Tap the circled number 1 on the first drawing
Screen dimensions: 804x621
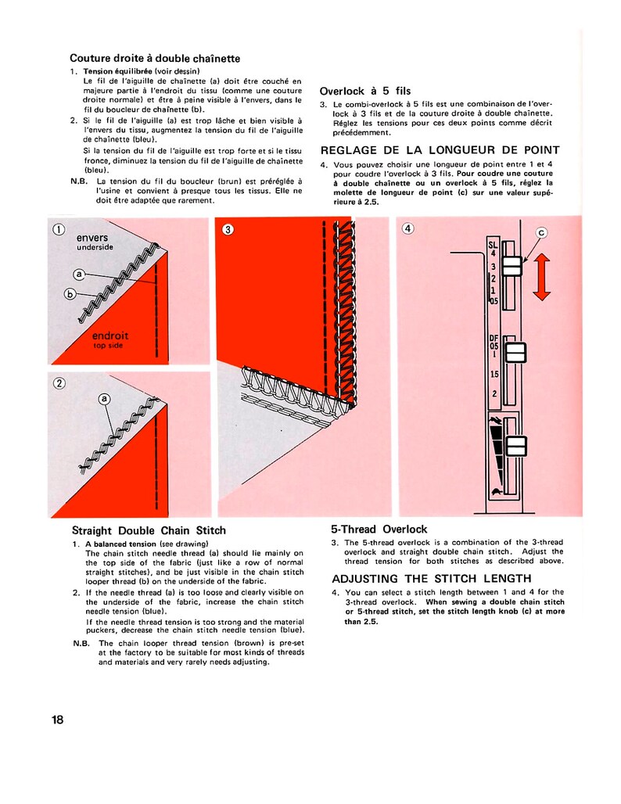[59, 230]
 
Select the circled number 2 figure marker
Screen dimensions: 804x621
[59, 383]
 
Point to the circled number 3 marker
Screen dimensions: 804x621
[228, 229]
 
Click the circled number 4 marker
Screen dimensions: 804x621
[408, 228]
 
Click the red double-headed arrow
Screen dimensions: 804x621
[540, 275]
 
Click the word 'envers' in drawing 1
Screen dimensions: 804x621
[92, 237]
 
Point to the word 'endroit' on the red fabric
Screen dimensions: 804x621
[110, 336]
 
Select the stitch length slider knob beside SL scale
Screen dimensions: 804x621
[512, 267]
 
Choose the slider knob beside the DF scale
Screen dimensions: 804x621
[515, 354]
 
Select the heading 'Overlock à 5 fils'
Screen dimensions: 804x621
[364, 91]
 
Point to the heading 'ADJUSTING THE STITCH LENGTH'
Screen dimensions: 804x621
[433, 580]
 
